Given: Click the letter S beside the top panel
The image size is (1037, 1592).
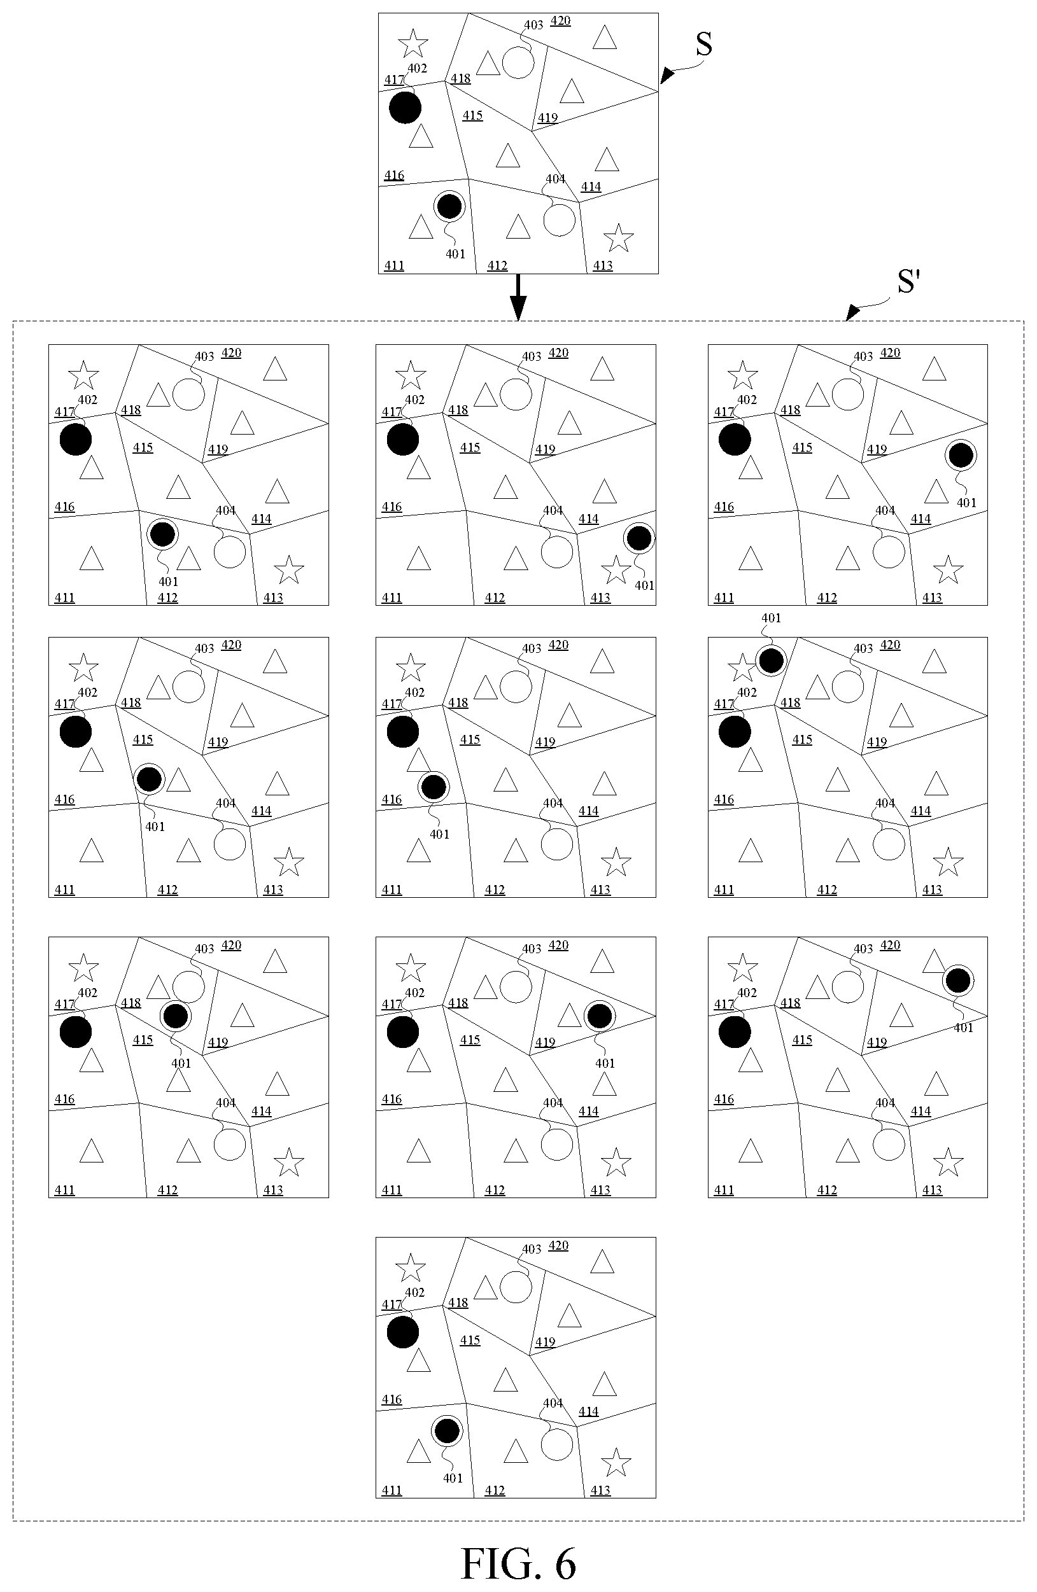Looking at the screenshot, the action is click(704, 44).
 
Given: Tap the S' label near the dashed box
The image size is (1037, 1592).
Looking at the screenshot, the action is click(908, 282).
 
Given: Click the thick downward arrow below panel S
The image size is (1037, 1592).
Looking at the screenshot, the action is click(518, 297).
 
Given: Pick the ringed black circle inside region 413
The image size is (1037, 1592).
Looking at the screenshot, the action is click(639, 538).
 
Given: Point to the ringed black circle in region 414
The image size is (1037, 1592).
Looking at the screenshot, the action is click(961, 456).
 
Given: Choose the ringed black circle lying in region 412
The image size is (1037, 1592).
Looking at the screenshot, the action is click(162, 534).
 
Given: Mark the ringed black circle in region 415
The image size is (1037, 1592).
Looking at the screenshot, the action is click(148, 779).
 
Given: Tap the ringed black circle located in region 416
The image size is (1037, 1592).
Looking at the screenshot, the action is click(434, 786).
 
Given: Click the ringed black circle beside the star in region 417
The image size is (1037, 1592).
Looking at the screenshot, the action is click(771, 661).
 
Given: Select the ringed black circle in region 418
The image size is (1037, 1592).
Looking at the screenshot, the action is click(175, 1016).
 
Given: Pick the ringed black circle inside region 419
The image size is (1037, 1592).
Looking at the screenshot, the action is click(600, 1016).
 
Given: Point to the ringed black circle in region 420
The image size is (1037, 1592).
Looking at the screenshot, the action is click(958, 981).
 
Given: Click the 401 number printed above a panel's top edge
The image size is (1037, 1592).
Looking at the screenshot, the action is click(771, 618).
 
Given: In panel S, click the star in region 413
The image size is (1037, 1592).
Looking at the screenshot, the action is click(618, 238).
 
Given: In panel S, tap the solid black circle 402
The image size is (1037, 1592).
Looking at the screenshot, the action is click(405, 108).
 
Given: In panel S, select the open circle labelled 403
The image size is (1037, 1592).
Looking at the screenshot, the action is click(518, 62).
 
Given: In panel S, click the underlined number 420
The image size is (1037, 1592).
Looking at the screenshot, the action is click(561, 21).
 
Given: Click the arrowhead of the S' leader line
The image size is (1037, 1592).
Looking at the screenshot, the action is click(852, 312).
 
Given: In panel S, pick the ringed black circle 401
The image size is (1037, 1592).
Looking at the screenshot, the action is click(449, 206).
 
